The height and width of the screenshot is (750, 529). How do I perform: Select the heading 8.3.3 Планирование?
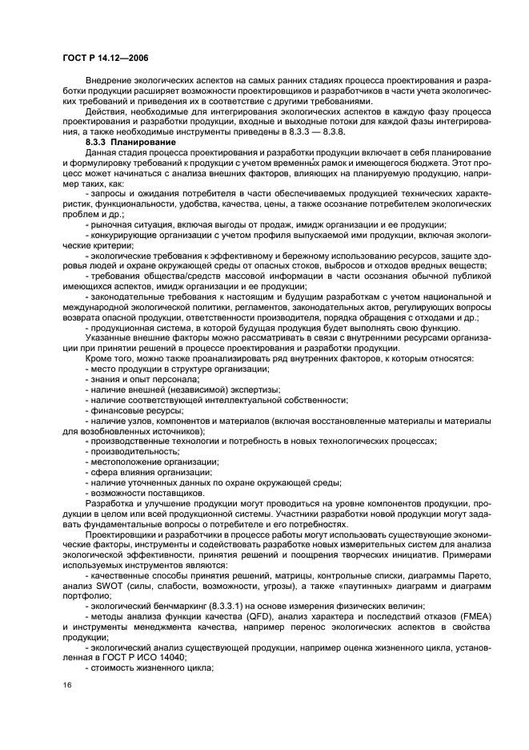[129, 142]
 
